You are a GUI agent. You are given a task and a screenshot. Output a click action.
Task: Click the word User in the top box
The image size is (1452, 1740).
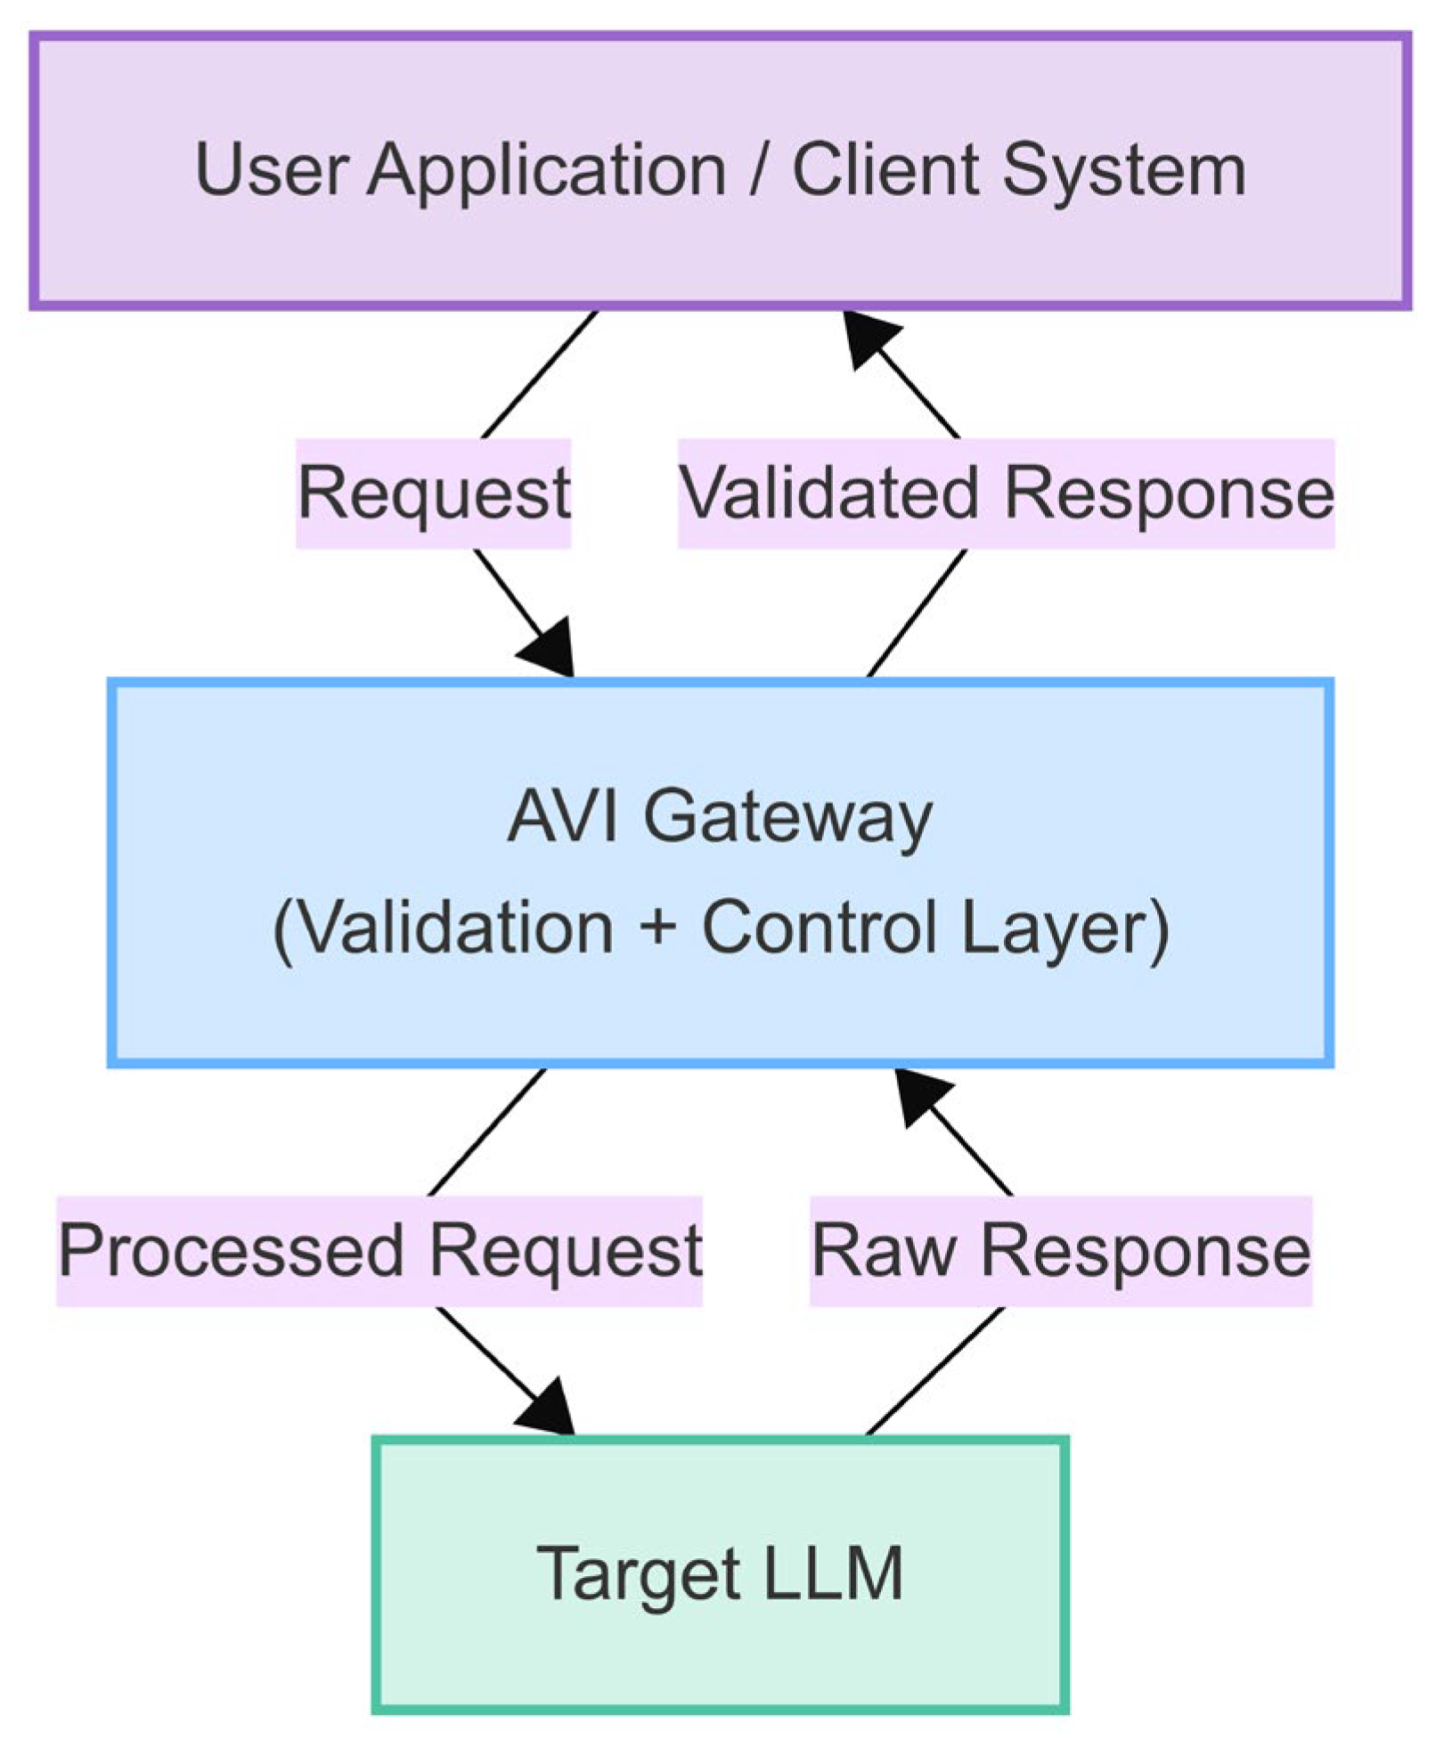270,170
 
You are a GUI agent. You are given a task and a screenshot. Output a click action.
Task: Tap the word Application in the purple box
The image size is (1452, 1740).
546,170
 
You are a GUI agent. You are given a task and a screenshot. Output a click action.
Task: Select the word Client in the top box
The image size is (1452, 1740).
885,170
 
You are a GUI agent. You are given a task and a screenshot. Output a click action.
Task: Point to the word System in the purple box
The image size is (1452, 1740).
1123,170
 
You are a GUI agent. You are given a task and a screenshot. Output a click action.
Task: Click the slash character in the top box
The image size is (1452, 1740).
759,170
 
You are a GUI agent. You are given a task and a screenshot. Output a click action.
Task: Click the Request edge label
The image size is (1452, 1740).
433,493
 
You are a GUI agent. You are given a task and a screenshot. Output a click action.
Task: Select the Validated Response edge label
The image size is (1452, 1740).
1006,493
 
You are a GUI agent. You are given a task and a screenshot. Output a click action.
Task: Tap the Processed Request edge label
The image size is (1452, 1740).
379,1250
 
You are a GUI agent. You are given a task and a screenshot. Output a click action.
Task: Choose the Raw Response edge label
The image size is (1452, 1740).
1060,1250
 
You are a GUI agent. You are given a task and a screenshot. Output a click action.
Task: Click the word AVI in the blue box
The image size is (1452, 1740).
561,815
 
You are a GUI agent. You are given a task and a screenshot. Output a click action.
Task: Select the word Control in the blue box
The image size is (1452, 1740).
820,927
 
